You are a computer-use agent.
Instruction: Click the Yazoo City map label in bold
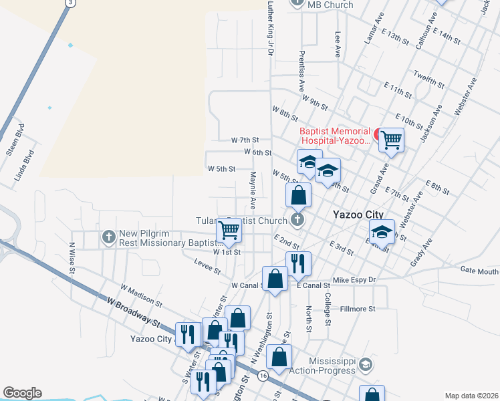[358, 215]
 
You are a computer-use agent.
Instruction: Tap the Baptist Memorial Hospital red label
[334, 136]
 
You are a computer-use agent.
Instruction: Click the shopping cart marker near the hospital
[391, 140]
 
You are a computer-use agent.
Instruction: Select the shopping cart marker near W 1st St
[229, 231]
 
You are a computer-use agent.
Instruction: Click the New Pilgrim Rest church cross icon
[109, 236]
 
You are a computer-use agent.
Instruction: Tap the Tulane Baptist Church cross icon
[298, 219]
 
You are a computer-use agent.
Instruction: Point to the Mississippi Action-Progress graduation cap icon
[365, 365]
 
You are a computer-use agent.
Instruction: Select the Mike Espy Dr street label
[354, 279]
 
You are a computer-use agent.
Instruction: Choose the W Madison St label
[142, 295]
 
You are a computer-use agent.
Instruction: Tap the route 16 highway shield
[263, 376]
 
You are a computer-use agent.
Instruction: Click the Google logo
[22, 393]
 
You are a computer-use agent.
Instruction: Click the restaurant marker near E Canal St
[297, 264]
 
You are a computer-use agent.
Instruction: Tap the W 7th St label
[245, 140]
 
